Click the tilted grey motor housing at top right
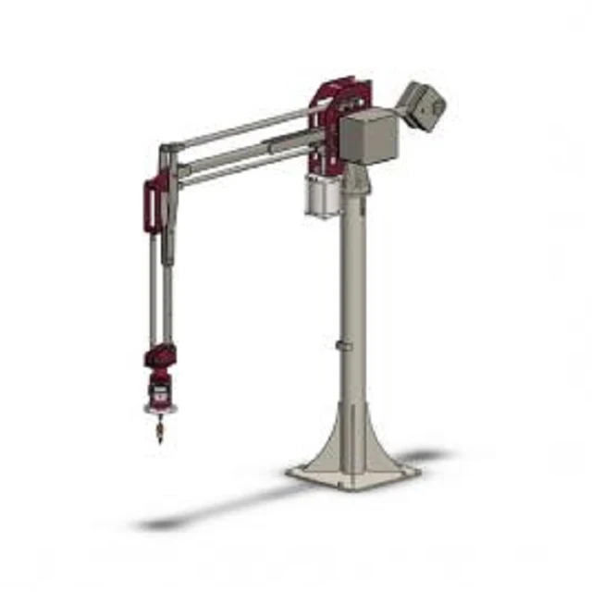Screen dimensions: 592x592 [424, 103]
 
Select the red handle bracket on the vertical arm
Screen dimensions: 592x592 [151, 205]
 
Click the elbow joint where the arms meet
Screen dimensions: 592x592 [166, 152]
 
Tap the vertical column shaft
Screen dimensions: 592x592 [352, 296]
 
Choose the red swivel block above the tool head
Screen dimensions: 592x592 [161, 356]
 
